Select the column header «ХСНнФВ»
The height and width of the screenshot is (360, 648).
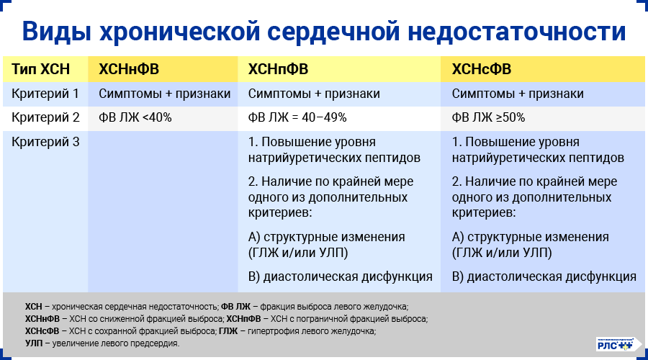129,69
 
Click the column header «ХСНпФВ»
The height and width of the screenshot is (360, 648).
278,69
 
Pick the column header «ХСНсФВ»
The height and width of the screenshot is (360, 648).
481,69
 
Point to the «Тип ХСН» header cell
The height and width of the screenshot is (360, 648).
41,69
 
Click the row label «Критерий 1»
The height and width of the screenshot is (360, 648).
45,94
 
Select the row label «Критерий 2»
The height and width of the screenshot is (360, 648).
45,117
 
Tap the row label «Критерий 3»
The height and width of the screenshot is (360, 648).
45,142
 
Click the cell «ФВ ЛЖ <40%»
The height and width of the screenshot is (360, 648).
135,117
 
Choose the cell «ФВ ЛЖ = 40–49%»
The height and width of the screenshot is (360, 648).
297,117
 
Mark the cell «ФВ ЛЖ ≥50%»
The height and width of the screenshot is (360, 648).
488,117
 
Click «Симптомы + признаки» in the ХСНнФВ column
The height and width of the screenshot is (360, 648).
165,94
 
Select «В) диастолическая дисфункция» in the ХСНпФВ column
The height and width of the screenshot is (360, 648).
340,276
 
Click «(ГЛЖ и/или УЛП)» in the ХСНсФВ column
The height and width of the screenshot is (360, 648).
502,252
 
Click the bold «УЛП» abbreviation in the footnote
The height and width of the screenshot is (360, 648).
33,343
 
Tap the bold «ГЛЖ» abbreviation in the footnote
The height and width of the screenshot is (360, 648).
228,331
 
